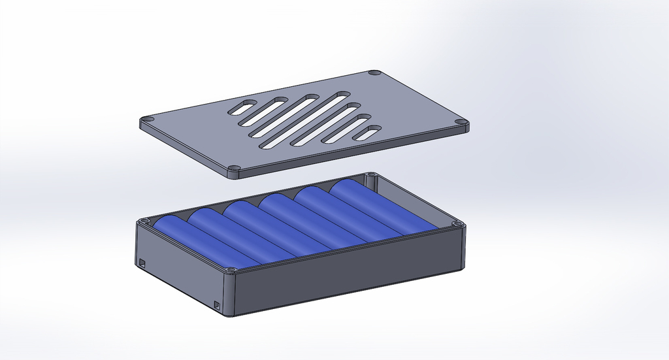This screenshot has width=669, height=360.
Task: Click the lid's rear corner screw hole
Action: [374, 73]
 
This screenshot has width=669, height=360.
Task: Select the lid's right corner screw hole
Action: [461, 122]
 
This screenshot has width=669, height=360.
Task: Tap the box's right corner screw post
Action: [457, 224]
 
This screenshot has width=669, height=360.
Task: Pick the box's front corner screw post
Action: [229, 270]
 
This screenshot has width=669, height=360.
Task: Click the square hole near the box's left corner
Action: [142, 263]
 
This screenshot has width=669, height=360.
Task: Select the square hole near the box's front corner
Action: [218, 304]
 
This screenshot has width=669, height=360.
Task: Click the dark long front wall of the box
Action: [346, 275]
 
